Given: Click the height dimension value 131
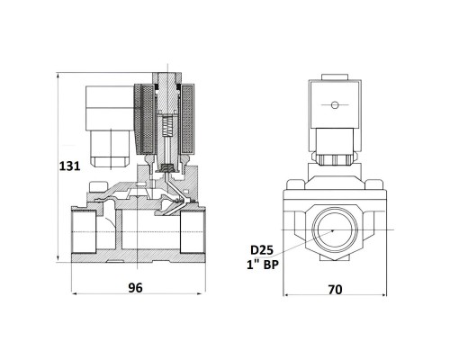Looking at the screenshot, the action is (x=69, y=166).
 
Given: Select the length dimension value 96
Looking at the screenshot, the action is (x=135, y=288).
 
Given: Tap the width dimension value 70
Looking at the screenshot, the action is (x=335, y=290).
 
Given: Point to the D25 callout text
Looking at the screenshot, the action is (x=262, y=250).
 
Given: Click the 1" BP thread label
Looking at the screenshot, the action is (x=263, y=265).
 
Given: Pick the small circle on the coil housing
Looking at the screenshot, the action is (x=335, y=104).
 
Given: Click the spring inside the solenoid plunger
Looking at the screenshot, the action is (x=167, y=126).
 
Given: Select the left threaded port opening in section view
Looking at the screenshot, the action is (x=84, y=231).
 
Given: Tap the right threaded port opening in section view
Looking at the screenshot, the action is (x=192, y=231).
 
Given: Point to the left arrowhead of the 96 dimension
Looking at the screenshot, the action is (x=75, y=293).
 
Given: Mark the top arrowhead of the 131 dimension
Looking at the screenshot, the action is (x=58, y=75).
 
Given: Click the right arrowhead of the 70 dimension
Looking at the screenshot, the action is (x=383, y=295).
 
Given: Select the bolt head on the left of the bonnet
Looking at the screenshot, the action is (x=97, y=186).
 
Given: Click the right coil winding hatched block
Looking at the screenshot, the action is (x=187, y=120).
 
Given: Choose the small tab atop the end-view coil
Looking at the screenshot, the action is (x=334, y=76).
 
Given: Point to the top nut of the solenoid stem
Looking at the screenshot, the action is (x=166, y=78).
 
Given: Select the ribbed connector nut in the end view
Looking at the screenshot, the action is (x=334, y=159).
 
